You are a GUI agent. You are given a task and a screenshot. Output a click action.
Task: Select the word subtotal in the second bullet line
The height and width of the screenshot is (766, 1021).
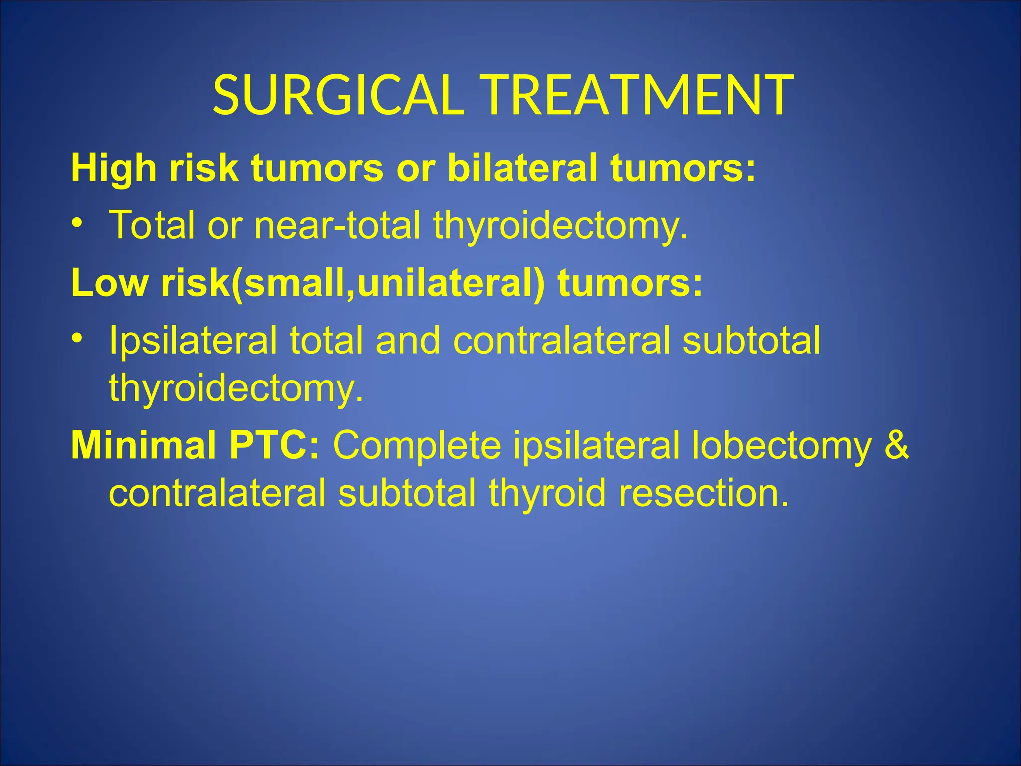(x=751, y=341)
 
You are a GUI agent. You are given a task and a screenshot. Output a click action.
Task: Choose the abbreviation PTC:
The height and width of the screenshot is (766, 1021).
(x=274, y=445)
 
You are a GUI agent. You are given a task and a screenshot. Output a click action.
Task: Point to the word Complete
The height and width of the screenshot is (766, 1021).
(x=417, y=445)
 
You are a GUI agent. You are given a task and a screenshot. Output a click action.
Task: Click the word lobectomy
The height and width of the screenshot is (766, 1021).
(x=782, y=445)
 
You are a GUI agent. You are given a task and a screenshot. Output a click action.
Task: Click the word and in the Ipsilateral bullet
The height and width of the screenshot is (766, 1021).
(x=408, y=341)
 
